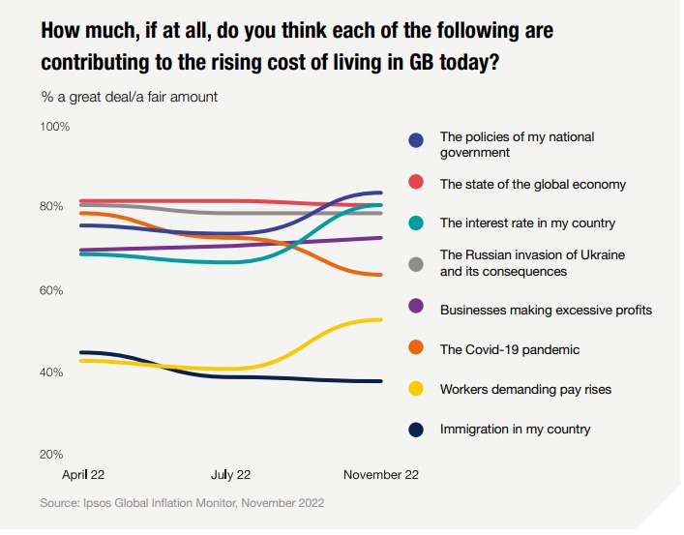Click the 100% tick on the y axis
click(x=54, y=127)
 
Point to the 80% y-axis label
click(x=52, y=207)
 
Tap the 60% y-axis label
click(x=52, y=290)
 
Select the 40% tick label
click(x=52, y=372)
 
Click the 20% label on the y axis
click(x=52, y=454)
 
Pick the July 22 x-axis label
click(x=230, y=475)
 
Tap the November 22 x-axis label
click(x=381, y=475)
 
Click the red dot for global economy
click(x=416, y=184)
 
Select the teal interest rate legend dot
click(x=416, y=223)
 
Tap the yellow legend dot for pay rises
click(x=416, y=389)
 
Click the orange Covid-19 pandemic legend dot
click(x=416, y=349)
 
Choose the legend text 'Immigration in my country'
click(x=515, y=429)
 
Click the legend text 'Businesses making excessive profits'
click(x=546, y=310)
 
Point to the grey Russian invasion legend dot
click(x=416, y=263)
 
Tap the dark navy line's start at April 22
click(x=80, y=352)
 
